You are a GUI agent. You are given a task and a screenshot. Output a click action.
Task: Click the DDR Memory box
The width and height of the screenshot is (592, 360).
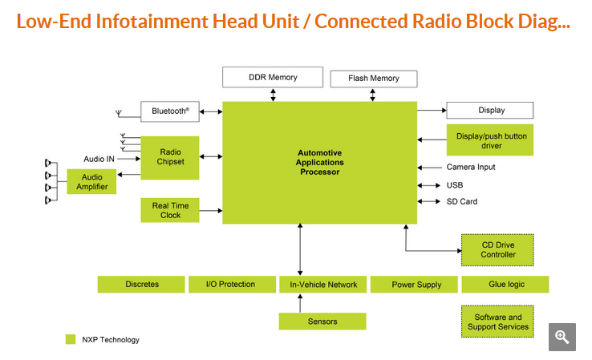[x=271, y=78]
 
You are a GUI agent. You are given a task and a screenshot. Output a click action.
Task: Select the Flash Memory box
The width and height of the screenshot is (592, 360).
[x=374, y=79]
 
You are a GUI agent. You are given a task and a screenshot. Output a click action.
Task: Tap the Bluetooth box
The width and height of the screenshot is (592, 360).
[x=170, y=111]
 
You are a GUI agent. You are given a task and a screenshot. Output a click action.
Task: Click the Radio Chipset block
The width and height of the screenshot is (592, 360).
[x=170, y=157]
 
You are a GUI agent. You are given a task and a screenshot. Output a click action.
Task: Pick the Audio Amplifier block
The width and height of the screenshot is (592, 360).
[x=92, y=182]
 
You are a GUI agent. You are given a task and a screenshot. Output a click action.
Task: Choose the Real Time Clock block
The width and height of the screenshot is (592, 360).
[x=170, y=210]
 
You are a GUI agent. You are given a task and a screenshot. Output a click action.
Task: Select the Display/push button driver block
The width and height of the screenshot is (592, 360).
[x=491, y=141]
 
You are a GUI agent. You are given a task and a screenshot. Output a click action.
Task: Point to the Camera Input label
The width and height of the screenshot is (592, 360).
[x=471, y=167]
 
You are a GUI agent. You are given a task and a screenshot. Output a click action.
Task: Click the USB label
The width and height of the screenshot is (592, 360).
[x=455, y=184]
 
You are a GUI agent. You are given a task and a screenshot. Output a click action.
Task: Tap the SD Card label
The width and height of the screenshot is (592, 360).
[x=462, y=201]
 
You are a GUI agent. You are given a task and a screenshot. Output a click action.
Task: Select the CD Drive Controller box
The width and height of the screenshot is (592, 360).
[x=497, y=249]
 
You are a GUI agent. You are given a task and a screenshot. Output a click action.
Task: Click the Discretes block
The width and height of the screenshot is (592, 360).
[x=142, y=285]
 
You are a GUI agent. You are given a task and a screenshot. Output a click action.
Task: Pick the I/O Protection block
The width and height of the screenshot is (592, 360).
[x=230, y=285]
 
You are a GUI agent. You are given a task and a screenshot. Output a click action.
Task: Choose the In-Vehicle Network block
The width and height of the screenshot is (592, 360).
[x=322, y=285]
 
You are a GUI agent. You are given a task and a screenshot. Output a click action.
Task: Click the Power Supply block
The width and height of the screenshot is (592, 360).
[x=416, y=285]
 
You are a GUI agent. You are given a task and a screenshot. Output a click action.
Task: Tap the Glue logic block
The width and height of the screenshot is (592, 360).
[x=505, y=285]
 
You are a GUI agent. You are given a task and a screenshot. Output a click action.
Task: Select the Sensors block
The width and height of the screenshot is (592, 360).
[x=322, y=322]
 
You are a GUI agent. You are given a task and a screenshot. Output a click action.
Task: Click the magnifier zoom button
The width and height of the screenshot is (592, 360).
[x=562, y=337]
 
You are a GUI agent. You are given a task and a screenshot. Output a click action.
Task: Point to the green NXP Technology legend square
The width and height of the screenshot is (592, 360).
[x=71, y=339]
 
